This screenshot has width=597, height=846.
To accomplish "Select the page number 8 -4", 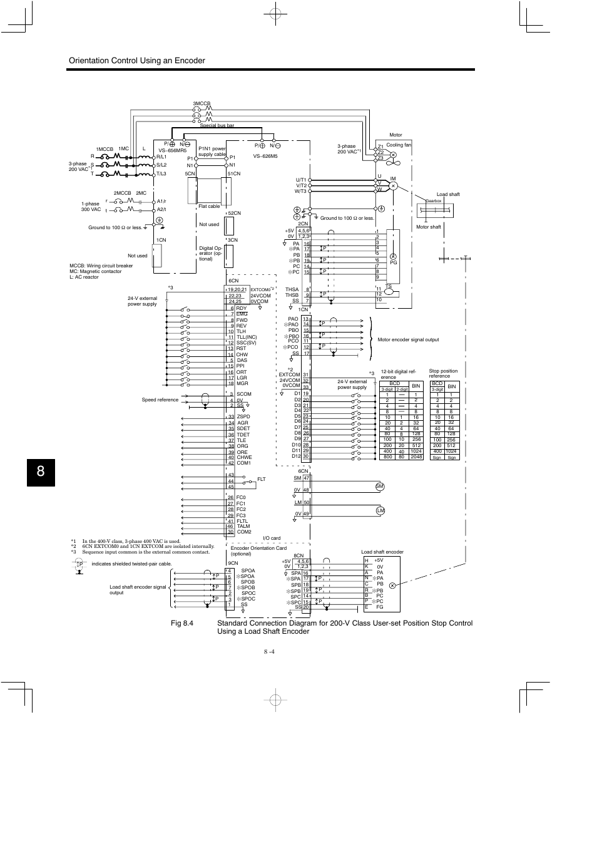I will tap(270, 652).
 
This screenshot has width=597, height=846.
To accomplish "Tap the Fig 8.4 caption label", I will tap(181, 623).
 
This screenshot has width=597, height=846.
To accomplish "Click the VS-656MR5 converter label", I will tap(173, 151).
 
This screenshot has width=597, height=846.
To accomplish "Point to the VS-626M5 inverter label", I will tap(265, 157).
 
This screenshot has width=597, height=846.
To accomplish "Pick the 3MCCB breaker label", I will tap(202, 103).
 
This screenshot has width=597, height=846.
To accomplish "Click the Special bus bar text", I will tap(217, 125).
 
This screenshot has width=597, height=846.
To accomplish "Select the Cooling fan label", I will tap(399, 145).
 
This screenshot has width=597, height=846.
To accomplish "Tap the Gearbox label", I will tap(434, 201).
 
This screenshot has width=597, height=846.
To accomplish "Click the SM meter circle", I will tap(379, 487).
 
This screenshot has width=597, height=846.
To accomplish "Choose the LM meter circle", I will tap(379, 511).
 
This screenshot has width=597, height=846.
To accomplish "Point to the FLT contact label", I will tap(262, 479).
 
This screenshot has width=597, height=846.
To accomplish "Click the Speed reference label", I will tap(160, 400).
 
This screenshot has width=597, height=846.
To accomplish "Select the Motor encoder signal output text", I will tap(408, 339).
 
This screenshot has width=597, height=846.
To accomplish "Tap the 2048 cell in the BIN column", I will tap(416, 457).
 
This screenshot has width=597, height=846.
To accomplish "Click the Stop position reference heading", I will tap(443, 373).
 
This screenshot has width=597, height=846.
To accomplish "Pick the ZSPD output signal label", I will tap(243, 416).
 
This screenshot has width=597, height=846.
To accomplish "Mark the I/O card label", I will tap(272, 538).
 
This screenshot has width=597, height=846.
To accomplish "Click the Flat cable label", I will tap(209, 206).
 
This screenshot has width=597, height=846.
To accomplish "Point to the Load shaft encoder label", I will tap(382, 552).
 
